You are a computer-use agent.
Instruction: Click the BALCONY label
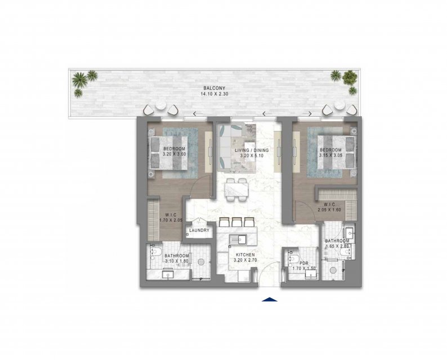click(214, 88)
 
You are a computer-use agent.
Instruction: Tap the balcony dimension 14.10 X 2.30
click(214, 93)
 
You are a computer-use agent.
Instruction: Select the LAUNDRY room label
click(199, 230)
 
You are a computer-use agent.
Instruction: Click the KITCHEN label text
click(245, 255)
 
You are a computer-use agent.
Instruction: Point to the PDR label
click(304, 263)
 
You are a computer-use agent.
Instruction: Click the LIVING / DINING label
click(252, 150)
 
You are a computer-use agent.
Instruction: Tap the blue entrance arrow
click(270, 299)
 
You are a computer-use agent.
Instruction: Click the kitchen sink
click(238, 240)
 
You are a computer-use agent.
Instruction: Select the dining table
click(236, 190)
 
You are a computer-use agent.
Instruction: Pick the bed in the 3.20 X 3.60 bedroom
click(168, 153)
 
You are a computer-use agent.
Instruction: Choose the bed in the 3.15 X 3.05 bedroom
click(337, 152)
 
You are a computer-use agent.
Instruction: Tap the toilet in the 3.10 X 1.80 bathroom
click(155, 251)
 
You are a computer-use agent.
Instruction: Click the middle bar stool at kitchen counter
click(236, 222)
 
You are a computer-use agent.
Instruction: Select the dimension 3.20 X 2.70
click(245, 260)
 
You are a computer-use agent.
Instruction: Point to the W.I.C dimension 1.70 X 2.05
click(171, 220)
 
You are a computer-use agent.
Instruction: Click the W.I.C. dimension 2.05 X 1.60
click(329, 210)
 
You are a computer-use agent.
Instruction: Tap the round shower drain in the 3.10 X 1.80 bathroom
click(202, 262)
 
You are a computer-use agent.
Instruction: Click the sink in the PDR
click(311, 274)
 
